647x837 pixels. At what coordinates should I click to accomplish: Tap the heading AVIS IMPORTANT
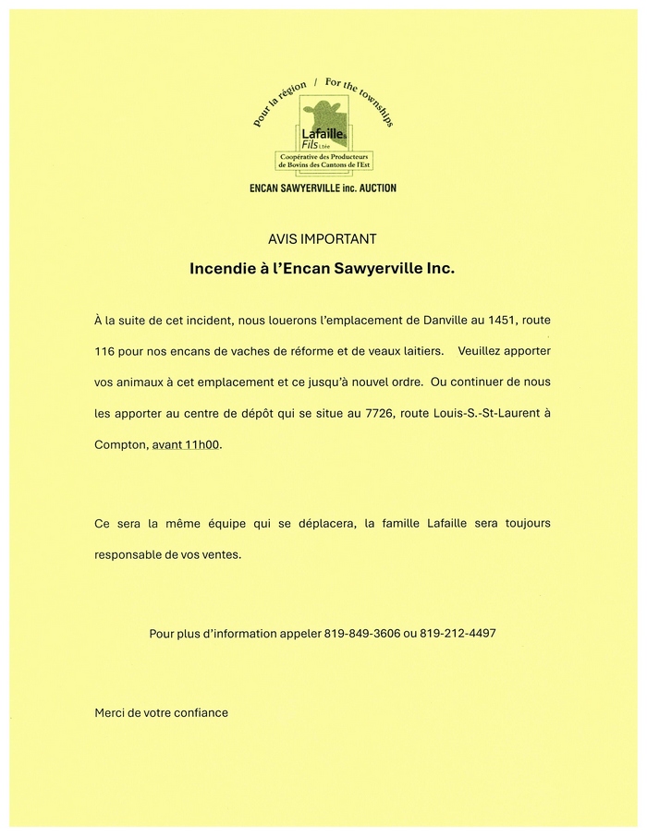pos(323,238)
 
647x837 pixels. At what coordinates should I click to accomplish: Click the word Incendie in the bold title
pos(221,271)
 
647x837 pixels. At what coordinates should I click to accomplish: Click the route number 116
pos(107,351)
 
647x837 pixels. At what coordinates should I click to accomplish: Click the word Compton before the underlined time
pos(120,444)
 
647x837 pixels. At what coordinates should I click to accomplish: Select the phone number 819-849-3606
pos(362,633)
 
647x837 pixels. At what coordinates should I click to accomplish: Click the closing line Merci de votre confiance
pos(161,712)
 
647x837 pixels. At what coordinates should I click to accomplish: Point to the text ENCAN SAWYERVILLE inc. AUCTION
pos(323,188)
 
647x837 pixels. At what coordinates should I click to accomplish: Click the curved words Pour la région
pos(278,107)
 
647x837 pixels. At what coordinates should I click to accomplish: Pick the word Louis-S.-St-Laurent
pos(486,413)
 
